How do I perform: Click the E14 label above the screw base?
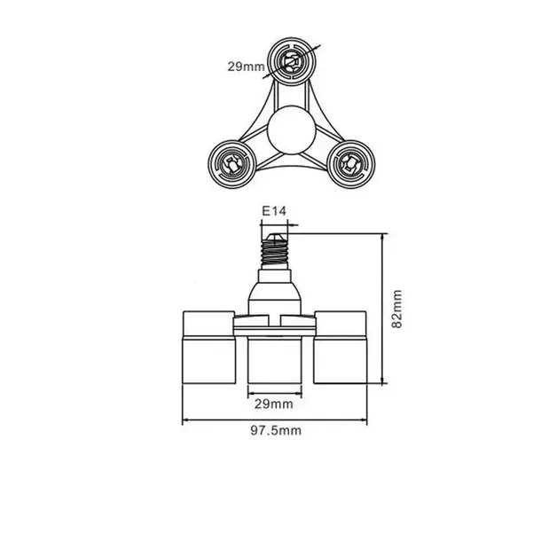click(x=274, y=211)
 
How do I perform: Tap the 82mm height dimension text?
click(x=397, y=310)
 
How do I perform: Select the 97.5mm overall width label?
click(x=276, y=431)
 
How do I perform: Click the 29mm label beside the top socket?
click(x=246, y=67)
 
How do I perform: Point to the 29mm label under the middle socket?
click(x=274, y=404)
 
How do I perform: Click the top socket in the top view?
click(x=292, y=61)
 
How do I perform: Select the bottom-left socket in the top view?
click(x=231, y=164)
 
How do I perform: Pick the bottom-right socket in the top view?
click(x=351, y=164)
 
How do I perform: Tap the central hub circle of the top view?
click(x=292, y=129)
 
